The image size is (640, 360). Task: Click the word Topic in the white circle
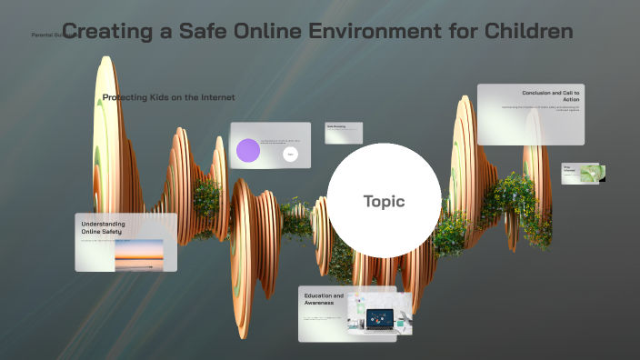(x=384, y=201)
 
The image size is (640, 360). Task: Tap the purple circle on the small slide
(x=247, y=150)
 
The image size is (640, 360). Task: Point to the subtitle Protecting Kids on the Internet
(x=168, y=97)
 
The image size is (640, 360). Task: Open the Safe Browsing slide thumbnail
(x=344, y=132)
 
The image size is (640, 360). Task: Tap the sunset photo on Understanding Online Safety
(x=139, y=254)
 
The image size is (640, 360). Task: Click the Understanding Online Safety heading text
(x=104, y=227)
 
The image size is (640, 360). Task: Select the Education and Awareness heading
(x=324, y=299)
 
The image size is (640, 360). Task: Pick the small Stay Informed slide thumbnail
(x=582, y=173)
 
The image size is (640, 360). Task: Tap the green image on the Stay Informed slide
(x=592, y=173)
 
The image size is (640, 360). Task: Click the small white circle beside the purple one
(x=290, y=155)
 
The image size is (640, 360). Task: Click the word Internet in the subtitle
(x=216, y=97)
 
